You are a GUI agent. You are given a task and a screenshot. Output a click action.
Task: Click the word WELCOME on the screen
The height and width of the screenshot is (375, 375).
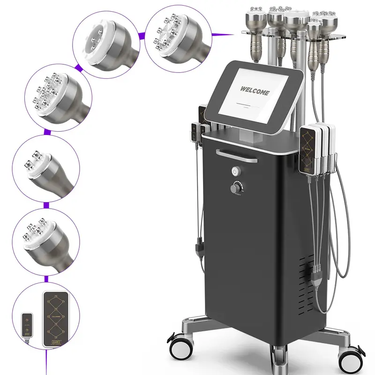255,90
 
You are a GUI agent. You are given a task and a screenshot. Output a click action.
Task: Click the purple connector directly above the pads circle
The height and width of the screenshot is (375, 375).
46,279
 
